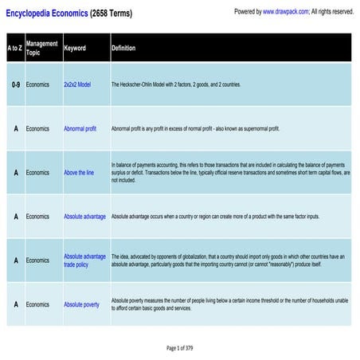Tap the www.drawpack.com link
pos(281,12)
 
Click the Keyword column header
pos(75,48)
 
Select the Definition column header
pos(123,48)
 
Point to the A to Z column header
pos(15,48)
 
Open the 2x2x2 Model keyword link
pos(77,84)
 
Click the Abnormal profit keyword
pos(80,128)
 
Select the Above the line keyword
pos(79,172)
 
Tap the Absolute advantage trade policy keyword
pos(84,260)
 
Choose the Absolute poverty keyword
pos(81,304)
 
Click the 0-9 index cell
pos(15,84)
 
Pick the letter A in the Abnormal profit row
pos(15,128)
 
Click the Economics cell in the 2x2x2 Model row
pos(37,84)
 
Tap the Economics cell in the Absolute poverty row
pos(37,304)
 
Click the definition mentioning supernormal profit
pos(195,128)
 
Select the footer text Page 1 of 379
pos(180,348)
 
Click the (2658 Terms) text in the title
pos(111,14)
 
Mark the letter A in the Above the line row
pos(15,172)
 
